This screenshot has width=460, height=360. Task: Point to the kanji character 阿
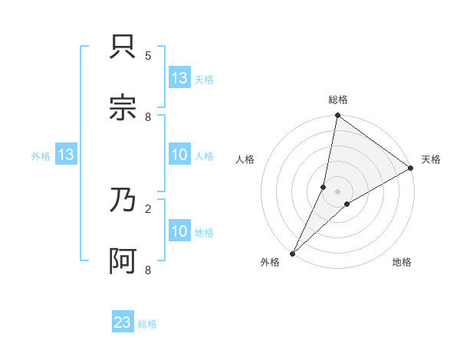click(x=123, y=260)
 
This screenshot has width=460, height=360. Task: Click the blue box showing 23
click(x=123, y=322)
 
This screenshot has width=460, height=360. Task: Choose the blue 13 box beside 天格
click(x=179, y=78)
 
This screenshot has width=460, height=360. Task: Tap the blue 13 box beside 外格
click(x=66, y=155)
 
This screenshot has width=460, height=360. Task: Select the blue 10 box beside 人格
click(x=179, y=155)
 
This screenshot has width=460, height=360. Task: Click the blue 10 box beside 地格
click(x=179, y=231)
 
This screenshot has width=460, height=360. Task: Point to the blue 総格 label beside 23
click(x=147, y=324)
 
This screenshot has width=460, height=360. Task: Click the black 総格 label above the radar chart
click(x=338, y=100)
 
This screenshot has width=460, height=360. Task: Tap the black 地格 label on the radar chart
click(x=402, y=263)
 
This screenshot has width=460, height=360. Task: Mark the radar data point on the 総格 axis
click(x=338, y=116)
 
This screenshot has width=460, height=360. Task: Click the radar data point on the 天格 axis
click(x=411, y=169)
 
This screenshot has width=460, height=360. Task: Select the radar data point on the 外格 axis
click(x=292, y=254)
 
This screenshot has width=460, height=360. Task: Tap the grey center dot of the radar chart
click(x=338, y=191)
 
